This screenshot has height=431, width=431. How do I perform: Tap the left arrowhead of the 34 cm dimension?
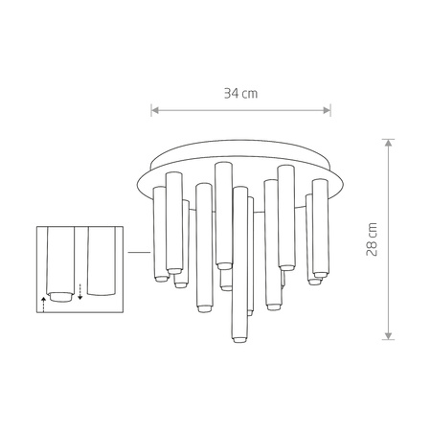pyautogui.click(x=155, y=110)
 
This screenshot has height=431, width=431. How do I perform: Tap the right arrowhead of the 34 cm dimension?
pyautogui.click(x=328, y=110)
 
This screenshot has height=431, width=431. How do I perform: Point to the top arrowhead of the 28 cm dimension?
pyautogui.click(x=387, y=142)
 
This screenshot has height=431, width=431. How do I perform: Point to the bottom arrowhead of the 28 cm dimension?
pyautogui.click(x=387, y=334)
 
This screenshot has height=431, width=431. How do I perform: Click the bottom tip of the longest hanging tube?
pyautogui.click(x=237, y=338)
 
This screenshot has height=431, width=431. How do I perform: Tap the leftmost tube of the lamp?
pyautogui.click(x=159, y=235)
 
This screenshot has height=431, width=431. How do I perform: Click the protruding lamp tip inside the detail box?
pyautogui.click(x=60, y=296)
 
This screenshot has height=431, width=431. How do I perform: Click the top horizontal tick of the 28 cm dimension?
pyautogui.click(x=387, y=138)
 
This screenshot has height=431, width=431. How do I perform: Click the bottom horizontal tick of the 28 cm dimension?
pyautogui.click(x=387, y=338)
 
